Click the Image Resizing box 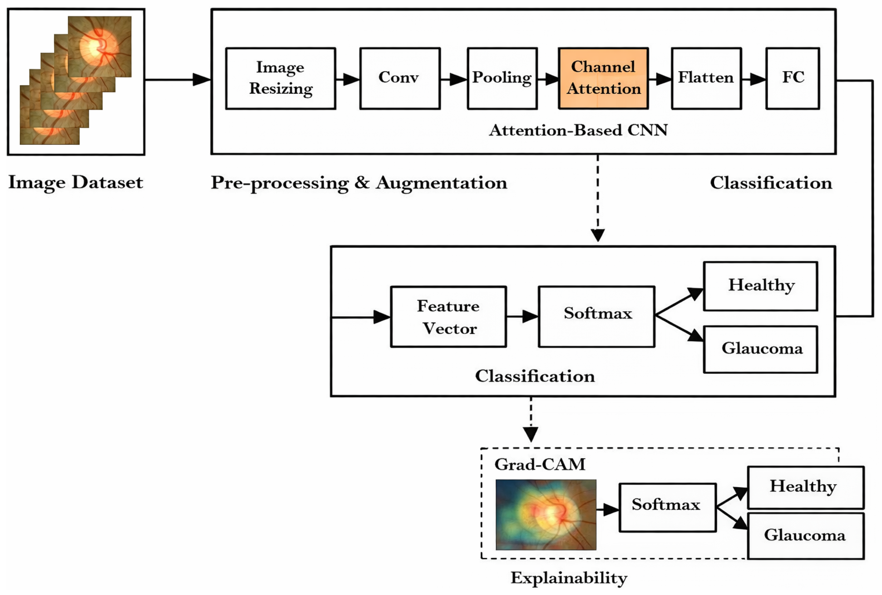280,79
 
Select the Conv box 400,79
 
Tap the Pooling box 502,79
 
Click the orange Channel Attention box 603,79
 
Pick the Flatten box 706,79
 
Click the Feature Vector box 448,317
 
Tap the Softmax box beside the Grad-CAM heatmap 667,507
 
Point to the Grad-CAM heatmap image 546,515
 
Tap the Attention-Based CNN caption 578,130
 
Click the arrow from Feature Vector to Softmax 522,316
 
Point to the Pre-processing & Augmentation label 359,183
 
